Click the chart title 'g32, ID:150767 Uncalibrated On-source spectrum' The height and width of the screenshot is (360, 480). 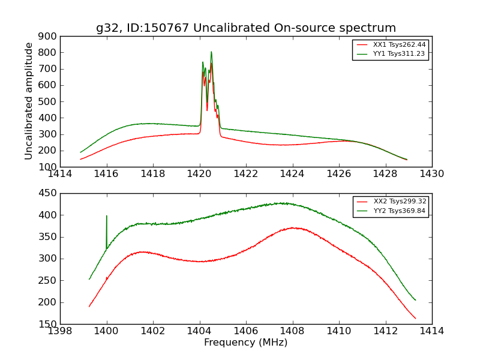(246, 28)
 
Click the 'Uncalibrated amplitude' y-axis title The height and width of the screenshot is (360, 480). (29, 101)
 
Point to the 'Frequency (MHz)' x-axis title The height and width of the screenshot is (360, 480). (246, 343)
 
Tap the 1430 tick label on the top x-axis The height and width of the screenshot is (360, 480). (431, 174)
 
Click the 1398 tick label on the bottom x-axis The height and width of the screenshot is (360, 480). (61, 331)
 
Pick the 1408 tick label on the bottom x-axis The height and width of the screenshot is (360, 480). (292, 331)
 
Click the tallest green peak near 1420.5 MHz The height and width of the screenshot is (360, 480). (211, 52)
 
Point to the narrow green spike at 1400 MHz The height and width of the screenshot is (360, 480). (107, 216)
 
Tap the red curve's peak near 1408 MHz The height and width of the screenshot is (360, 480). (292, 228)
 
